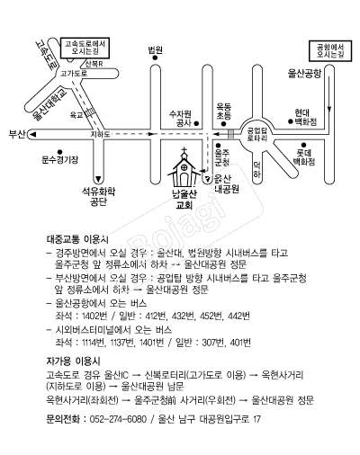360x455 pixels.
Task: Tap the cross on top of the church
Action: click(x=184, y=150)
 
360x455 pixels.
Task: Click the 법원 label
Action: click(x=156, y=49)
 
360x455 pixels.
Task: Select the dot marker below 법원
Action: click(x=155, y=58)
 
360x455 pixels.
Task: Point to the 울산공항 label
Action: click(x=304, y=73)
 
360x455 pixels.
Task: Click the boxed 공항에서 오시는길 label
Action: click(x=330, y=51)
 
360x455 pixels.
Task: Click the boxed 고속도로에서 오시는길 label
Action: click(x=85, y=48)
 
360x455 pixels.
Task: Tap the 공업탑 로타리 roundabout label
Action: click(x=257, y=134)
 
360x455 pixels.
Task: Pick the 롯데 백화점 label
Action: click(x=304, y=157)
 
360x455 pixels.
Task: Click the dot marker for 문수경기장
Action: click(x=59, y=152)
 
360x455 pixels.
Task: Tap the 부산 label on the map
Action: click(x=17, y=135)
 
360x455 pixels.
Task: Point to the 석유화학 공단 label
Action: click(x=98, y=197)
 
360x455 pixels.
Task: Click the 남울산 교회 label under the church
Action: click(x=184, y=200)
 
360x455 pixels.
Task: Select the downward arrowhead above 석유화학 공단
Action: click(x=98, y=180)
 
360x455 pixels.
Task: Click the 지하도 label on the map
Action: click(x=100, y=135)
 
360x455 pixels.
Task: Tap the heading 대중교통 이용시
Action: click(x=77, y=239)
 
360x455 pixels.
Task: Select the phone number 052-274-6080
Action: click(x=118, y=419)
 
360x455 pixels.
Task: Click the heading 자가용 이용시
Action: click(x=74, y=361)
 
